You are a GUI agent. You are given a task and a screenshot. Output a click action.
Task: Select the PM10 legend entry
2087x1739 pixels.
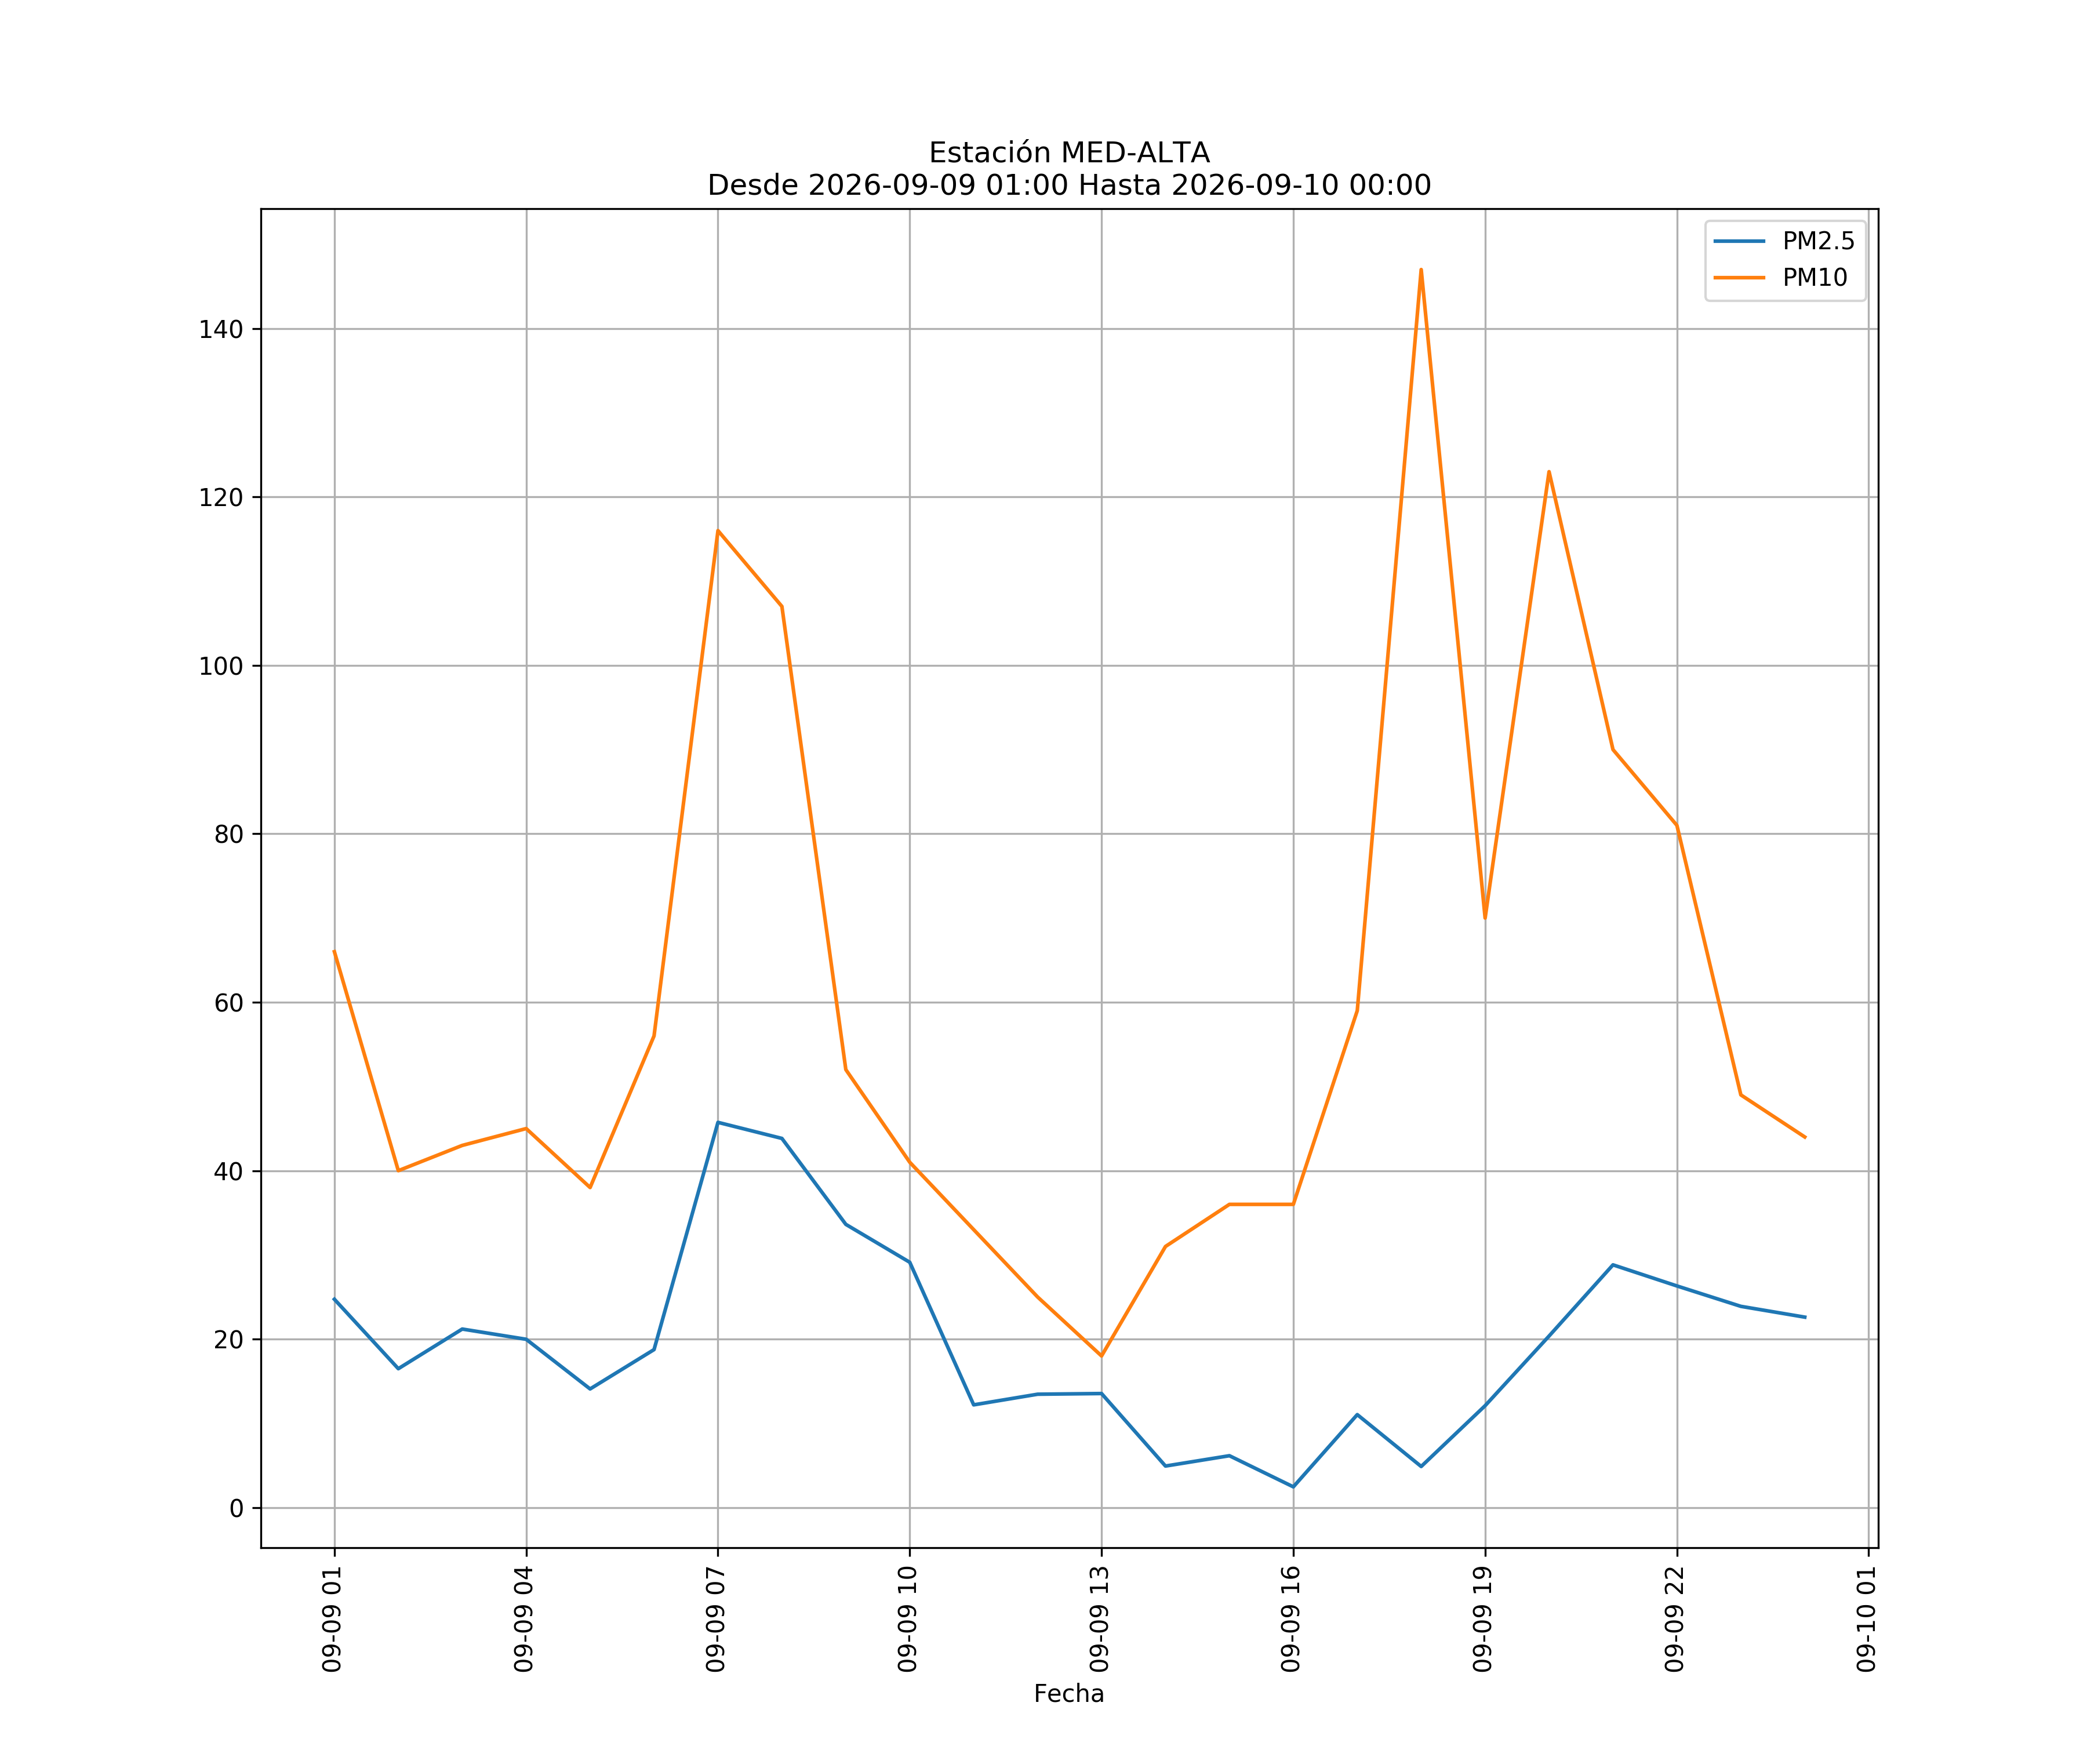1779,278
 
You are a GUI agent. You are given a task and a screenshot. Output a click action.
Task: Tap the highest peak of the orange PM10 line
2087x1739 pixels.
1421,270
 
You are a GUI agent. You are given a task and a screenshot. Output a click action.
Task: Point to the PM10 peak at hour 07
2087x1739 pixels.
718,530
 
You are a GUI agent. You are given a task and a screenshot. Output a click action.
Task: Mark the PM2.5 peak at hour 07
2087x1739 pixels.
718,1123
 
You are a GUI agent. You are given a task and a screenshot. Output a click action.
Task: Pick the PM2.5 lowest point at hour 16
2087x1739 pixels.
1293,1487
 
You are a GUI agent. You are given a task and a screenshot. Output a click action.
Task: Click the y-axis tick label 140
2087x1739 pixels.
221,330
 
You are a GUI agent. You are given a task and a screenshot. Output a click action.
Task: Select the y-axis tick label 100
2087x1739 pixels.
221,667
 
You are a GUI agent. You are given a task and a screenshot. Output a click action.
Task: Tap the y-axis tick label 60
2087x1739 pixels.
228,1003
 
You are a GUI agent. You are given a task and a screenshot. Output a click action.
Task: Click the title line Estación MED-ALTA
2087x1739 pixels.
1070,153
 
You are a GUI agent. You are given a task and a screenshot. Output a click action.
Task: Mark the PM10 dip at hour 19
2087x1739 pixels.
1485,917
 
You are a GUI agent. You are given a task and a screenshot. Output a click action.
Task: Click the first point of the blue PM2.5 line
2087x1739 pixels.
334,1299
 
